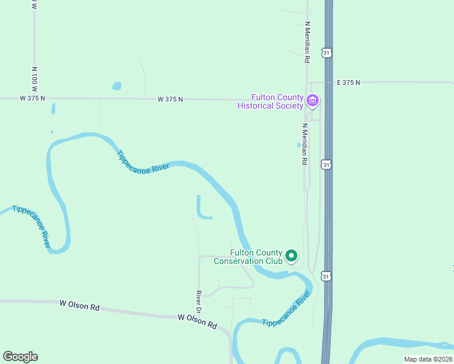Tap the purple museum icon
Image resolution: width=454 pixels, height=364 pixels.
[313, 100]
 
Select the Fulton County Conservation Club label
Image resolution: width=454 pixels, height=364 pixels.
[256, 257]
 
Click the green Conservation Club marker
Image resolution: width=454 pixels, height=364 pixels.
[291, 256]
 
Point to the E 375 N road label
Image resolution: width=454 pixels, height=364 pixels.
[348, 83]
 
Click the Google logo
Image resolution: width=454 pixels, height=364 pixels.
[20, 357]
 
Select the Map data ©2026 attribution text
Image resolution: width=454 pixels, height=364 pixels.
[428, 359]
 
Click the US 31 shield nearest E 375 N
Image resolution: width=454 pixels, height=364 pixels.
[327, 53]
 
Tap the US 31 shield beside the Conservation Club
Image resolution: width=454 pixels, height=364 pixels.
[327, 276]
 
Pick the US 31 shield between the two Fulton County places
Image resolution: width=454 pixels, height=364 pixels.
[327, 165]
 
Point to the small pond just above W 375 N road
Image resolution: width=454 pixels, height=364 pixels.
[116, 86]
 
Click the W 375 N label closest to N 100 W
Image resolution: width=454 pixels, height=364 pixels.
[32, 98]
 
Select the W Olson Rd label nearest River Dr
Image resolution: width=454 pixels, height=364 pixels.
[197, 321]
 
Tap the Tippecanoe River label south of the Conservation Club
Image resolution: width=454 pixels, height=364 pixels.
[286, 310]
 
